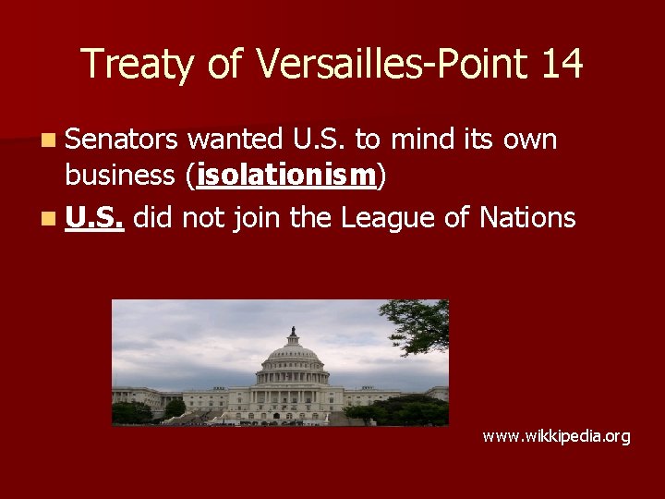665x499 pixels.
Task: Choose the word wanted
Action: [236, 140]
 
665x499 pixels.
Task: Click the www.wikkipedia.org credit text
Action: [556, 435]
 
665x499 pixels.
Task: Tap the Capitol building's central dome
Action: [292, 356]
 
